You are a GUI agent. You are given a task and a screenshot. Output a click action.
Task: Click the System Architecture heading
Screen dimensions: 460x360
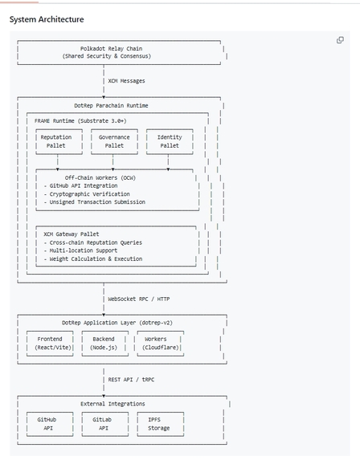[x=46, y=18]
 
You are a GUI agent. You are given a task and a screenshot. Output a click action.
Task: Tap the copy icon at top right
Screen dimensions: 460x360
[x=340, y=40]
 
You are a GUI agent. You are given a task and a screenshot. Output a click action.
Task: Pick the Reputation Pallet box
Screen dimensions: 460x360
[x=56, y=142]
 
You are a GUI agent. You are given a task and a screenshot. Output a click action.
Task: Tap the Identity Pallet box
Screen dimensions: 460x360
[x=169, y=142]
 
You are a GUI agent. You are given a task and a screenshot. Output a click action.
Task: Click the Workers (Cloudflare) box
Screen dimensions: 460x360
[x=160, y=344]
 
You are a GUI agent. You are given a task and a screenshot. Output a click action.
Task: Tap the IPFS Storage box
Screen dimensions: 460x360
[x=160, y=424]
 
